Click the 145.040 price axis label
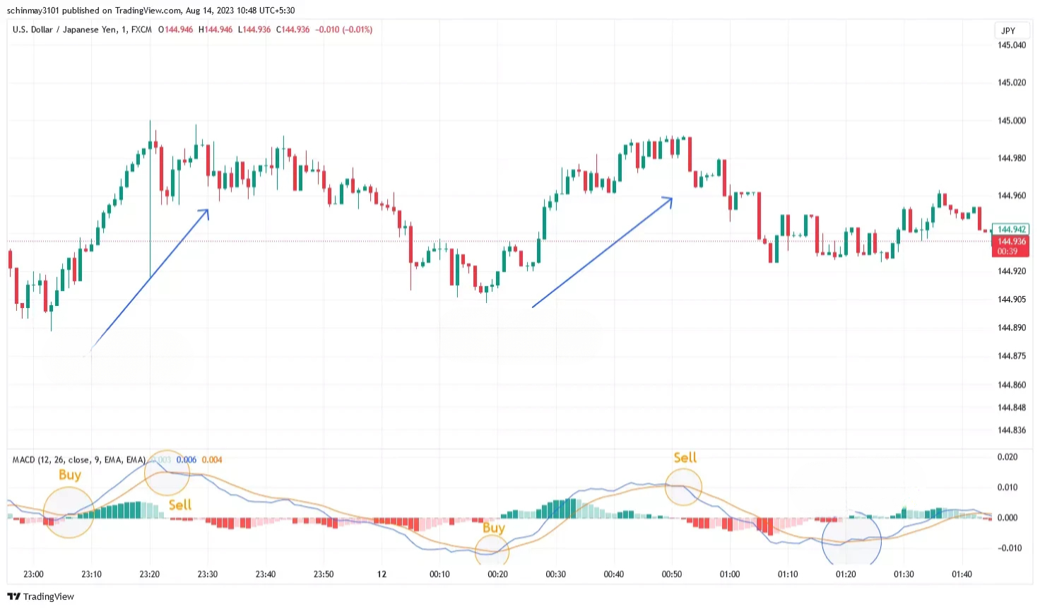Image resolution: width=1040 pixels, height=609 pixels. [x=1011, y=45]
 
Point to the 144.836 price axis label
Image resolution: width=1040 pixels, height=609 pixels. [x=1011, y=430]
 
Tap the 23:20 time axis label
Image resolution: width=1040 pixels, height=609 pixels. [x=149, y=574]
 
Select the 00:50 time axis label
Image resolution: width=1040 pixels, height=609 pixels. [x=671, y=574]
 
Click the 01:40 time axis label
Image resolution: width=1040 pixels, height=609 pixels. [x=962, y=574]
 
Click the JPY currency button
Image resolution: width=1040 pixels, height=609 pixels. [x=1008, y=30]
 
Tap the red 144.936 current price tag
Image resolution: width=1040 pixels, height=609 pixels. [x=1011, y=242]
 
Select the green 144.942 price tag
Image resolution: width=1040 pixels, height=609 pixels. [x=1011, y=229]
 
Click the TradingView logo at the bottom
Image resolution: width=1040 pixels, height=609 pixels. [x=41, y=597]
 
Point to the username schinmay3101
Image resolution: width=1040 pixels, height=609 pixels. [x=33, y=11]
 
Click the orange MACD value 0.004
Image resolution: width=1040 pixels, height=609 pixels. [x=212, y=460]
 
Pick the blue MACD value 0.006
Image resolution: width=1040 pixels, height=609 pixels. [x=187, y=460]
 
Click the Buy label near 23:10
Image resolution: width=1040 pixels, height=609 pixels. [x=70, y=475]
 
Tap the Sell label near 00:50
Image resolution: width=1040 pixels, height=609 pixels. [x=685, y=458]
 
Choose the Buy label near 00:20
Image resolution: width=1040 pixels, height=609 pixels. [x=493, y=528]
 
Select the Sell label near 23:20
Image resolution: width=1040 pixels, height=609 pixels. [x=179, y=504]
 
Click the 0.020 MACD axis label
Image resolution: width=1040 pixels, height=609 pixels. [x=1007, y=457]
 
